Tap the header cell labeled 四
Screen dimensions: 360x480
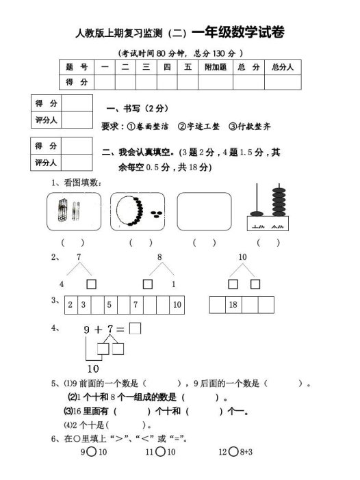tap(166, 67)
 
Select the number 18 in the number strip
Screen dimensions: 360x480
tap(232, 305)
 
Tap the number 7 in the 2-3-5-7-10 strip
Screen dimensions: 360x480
tap(136, 305)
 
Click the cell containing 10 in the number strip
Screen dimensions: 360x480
tap(176, 305)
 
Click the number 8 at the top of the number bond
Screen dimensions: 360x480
tap(159, 257)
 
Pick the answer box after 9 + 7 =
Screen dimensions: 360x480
tap(136, 328)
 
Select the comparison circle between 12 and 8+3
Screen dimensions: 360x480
tap(233, 451)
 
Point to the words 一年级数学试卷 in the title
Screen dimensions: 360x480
tap(237, 32)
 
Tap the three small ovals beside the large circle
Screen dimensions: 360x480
tap(157, 213)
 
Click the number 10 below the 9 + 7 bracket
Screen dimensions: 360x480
tap(94, 368)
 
